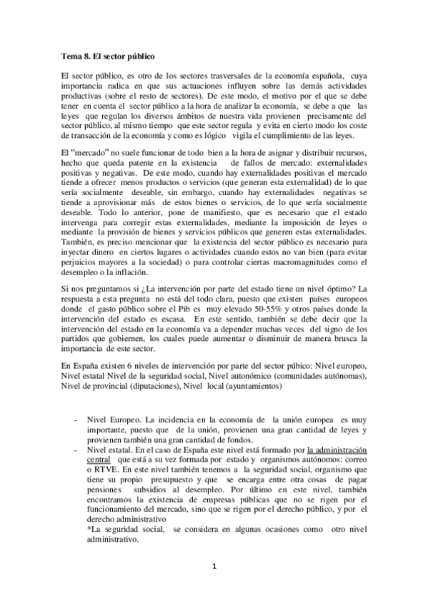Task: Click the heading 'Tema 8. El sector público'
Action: pos(106,55)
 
